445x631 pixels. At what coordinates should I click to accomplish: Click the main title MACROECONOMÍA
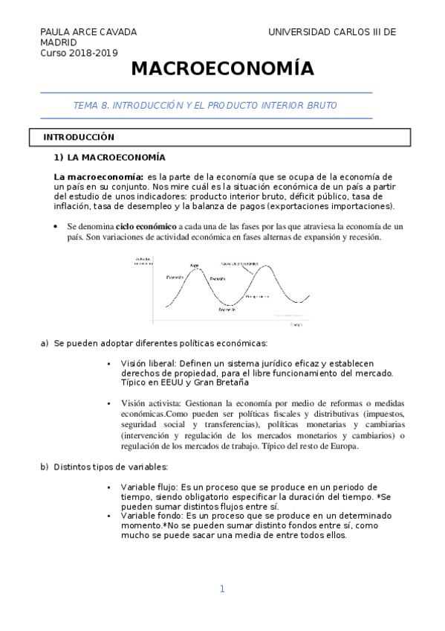[223, 70]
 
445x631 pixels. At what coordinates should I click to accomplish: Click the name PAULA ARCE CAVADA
[88, 32]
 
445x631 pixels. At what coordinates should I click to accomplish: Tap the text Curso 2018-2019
[79, 53]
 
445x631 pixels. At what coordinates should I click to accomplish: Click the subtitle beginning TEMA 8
[204, 106]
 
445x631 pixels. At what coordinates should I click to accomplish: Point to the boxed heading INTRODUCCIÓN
[78, 138]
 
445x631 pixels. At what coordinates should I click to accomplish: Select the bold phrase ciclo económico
[146, 226]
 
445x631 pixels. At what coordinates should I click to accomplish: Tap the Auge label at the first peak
[194, 265]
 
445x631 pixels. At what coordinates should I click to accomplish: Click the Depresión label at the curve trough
[227, 310]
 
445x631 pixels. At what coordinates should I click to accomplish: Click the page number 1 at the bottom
[221, 589]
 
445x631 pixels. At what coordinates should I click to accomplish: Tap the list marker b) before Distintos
[44, 467]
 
